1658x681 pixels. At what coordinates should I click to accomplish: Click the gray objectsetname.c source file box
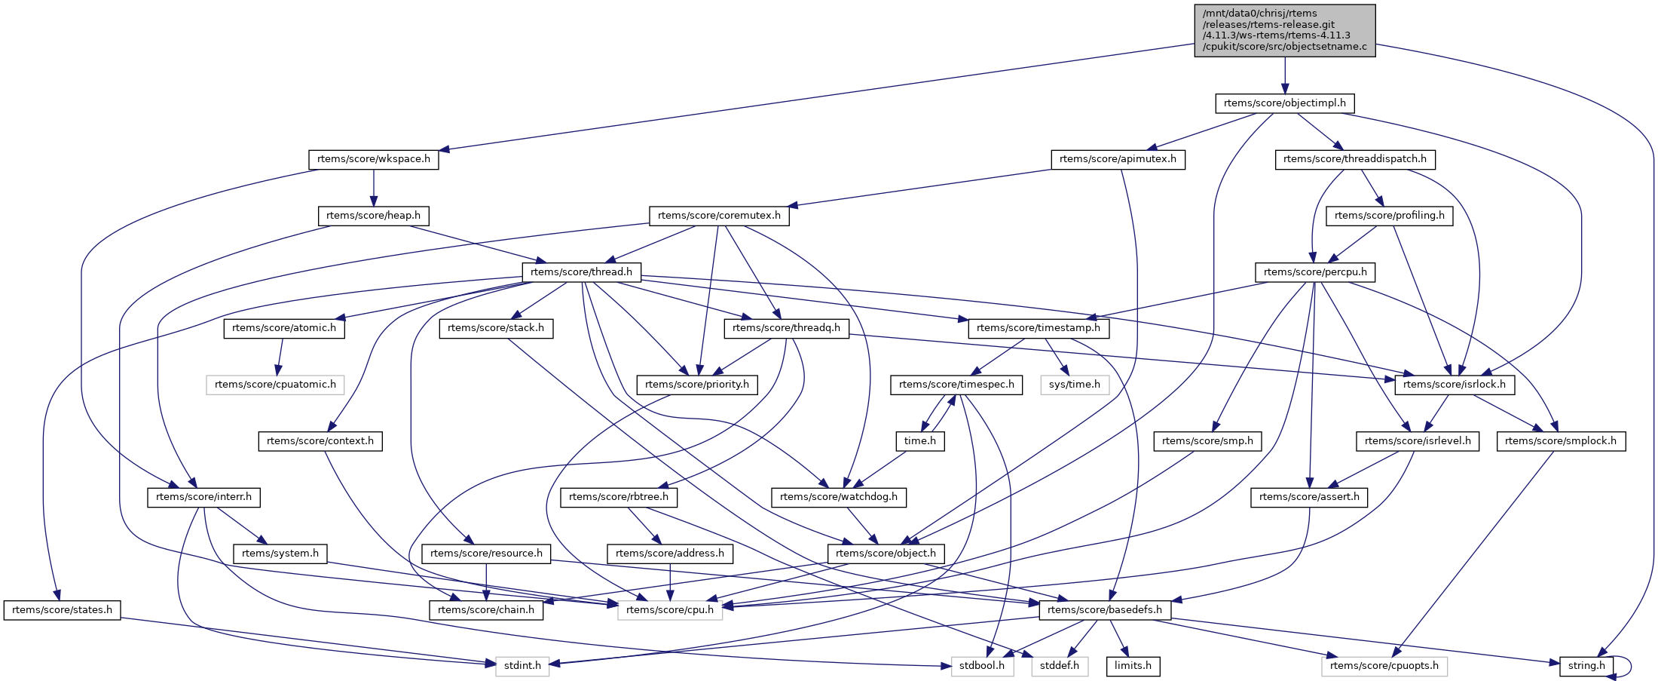click(1284, 30)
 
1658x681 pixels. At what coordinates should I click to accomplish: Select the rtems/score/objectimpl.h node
click(1284, 103)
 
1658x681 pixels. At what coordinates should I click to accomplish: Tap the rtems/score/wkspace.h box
click(373, 160)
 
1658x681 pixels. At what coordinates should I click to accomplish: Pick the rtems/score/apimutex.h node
click(1118, 160)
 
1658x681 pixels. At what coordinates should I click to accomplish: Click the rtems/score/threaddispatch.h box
click(1354, 160)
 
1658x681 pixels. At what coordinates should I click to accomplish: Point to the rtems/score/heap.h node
click(373, 216)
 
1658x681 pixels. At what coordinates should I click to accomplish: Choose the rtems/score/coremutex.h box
click(719, 216)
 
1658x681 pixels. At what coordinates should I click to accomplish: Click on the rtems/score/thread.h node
click(581, 272)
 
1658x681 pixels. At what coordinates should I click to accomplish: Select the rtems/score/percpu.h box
click(1315, 272)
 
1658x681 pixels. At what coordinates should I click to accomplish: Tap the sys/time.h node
click(1075, 385)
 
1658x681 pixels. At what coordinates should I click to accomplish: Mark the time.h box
click(920, 441)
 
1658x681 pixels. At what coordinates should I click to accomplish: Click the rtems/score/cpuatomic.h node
click(275, 385)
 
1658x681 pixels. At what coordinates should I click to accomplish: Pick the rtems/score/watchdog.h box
click(839, 497)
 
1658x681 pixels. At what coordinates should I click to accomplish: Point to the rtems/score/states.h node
click(62, 610)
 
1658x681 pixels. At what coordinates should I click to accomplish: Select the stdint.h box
click(522, 666)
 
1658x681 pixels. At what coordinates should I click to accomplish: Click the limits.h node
click(1133, 666)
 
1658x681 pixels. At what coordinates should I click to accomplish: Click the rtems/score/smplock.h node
click(1561, 441)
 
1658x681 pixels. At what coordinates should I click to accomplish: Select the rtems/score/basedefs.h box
click(1105, 610)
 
